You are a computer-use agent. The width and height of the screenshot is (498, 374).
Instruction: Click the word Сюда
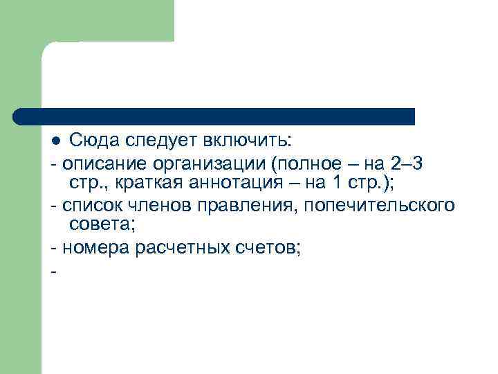click(x=95, y=141)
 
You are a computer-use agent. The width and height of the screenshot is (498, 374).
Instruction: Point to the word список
click(x=89, y=206)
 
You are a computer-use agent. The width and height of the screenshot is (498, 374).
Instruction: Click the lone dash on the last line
click(x=53, y=269)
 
